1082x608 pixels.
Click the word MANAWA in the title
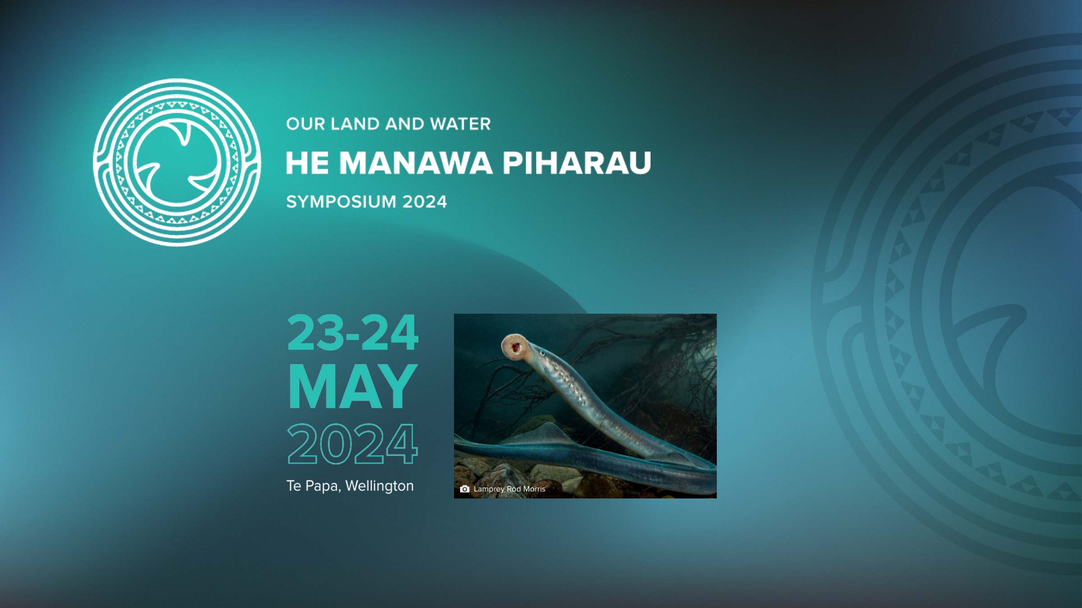coord(415,163)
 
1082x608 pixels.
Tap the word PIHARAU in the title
coord(577,163)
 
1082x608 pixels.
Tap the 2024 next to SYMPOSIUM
coord(424,202)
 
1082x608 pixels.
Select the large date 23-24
coord(353,333)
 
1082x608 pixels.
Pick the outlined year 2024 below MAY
coord(353,444)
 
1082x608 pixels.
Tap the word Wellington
coord(379,486)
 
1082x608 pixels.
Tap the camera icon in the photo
coord(464,489)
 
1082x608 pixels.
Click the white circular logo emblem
coord(177,162)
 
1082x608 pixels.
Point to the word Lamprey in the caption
coord(489,489)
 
